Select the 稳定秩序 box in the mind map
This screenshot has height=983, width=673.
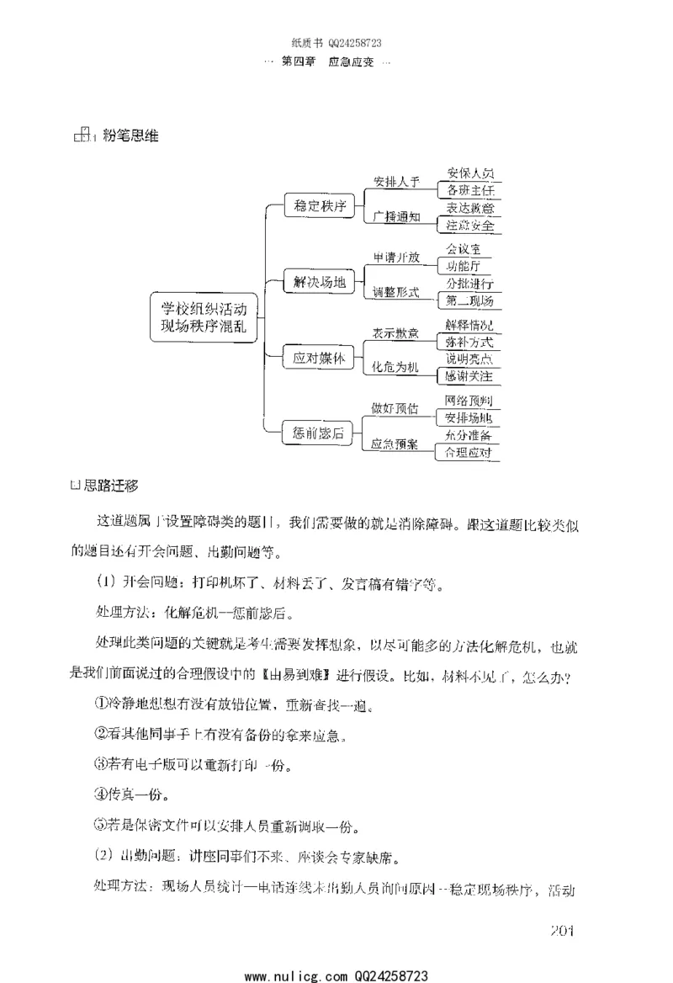click(320, 206)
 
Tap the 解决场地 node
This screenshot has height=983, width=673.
click(319, 283)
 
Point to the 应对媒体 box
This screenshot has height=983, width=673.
click(319, 358)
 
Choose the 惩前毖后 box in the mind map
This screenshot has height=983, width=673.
click(319, 433)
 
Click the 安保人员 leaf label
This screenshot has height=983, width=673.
click(470, 173)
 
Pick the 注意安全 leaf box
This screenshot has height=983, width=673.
click(470, 226)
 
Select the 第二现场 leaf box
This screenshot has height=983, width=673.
click(469, 301)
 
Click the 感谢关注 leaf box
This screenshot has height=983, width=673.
click(469, 375)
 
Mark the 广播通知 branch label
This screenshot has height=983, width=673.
click(395, 216)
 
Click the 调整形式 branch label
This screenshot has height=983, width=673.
click(395, 292)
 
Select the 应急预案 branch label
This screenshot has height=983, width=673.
click(395, 444)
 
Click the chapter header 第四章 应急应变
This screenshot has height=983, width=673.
click(335, 63)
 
